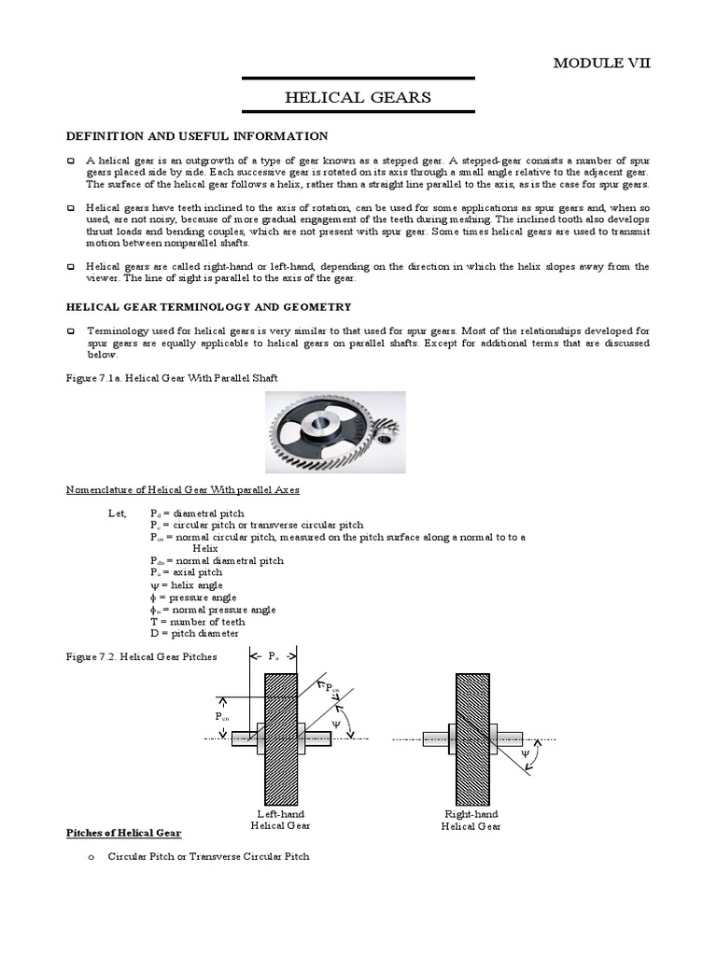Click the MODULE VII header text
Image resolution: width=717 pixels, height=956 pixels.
(602, 63)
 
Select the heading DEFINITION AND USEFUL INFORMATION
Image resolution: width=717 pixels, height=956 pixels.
(196, 136)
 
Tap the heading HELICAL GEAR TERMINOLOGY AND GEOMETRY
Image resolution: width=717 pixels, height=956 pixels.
(207, 306)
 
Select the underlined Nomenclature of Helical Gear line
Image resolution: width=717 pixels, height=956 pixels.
(182, 489)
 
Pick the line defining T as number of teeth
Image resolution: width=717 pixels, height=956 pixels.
(197, 622)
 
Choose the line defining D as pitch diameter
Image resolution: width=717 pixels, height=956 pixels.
(196, 634)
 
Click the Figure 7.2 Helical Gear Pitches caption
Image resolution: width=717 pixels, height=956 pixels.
(140, 656)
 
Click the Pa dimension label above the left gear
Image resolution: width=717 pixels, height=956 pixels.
(274, 656)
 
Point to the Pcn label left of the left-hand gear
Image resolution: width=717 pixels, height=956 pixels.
(220, 717)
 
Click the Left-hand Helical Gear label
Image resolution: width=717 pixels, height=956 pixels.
(281, 820)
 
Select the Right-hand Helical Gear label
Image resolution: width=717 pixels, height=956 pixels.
(471, 820)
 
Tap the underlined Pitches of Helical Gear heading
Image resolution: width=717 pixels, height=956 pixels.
(123, 833)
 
